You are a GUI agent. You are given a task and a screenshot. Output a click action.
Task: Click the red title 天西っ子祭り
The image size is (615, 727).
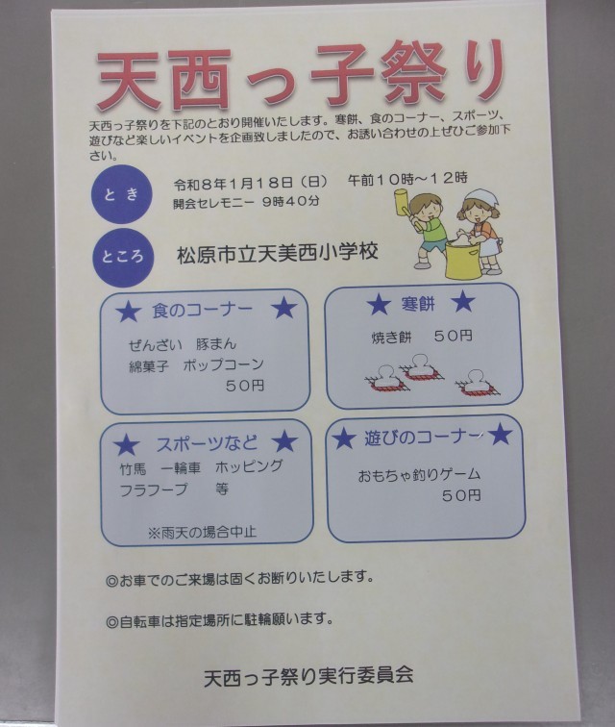[x=301, y=77]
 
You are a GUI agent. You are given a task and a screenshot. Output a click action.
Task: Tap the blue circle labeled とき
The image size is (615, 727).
[x=121, y=194]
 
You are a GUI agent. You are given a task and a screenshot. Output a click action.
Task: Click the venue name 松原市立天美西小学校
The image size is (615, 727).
[x=277, y=253]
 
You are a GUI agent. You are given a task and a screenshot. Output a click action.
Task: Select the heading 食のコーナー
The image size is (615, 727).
[x=202, y=311]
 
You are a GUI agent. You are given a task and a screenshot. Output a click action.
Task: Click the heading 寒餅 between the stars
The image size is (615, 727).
[x=418, y=304]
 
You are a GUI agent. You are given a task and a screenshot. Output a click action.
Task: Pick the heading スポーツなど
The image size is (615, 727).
[x=207, y=443]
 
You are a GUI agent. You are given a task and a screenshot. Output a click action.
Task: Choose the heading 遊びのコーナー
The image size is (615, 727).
[x=422, y=437]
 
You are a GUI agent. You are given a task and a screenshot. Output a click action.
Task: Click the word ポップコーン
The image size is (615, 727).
[x=223, y=365]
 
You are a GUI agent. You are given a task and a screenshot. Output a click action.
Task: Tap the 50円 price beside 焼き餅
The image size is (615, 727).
[x=453, y=336]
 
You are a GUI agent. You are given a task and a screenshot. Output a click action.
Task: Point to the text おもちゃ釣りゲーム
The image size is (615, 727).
[x=419, y=475]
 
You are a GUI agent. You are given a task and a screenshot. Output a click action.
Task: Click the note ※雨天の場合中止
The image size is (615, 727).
[x=202, y=533]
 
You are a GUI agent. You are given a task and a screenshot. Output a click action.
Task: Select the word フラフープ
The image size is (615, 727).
[x=154, y=489]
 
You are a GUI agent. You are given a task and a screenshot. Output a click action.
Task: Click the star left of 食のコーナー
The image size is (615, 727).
[x=128, y=312]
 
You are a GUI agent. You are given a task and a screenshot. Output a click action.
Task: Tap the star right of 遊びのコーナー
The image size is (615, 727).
[x=500, y=435]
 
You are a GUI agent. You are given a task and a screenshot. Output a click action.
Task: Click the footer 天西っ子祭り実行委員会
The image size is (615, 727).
[x=308, y=676]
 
